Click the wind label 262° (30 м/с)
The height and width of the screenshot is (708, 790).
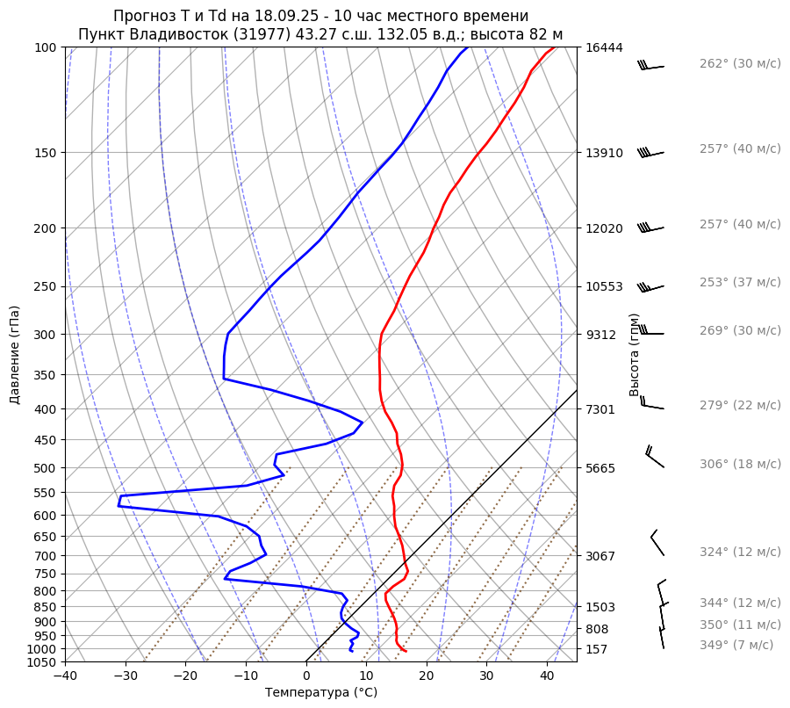click(739, 64)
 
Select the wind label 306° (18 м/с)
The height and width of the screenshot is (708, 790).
click(739, 465)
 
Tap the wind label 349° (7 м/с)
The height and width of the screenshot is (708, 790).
click(736, 646)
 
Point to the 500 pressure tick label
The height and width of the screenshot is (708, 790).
click(46, 468)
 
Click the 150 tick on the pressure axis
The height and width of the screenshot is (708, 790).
click(46, 153)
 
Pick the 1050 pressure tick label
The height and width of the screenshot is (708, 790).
click(42, 662)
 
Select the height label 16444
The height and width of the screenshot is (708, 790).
click(604, 47)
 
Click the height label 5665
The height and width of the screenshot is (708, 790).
click(600, 468)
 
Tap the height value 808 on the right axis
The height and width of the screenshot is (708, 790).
click(597, 630)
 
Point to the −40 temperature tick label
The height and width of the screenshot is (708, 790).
click(65, 676)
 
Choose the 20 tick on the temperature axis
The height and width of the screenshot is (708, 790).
click(427, 676)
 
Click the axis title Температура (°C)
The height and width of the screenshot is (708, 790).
click(321, 693)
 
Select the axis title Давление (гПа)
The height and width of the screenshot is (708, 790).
click(15, 355)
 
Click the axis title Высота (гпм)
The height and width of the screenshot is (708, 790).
click(635, 355)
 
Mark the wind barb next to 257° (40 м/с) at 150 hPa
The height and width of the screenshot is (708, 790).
click(651, 153)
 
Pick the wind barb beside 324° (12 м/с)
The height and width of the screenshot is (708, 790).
click(657, 544)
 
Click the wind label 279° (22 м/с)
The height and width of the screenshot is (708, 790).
click(739, 406)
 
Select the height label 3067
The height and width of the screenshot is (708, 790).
click(600, 556)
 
